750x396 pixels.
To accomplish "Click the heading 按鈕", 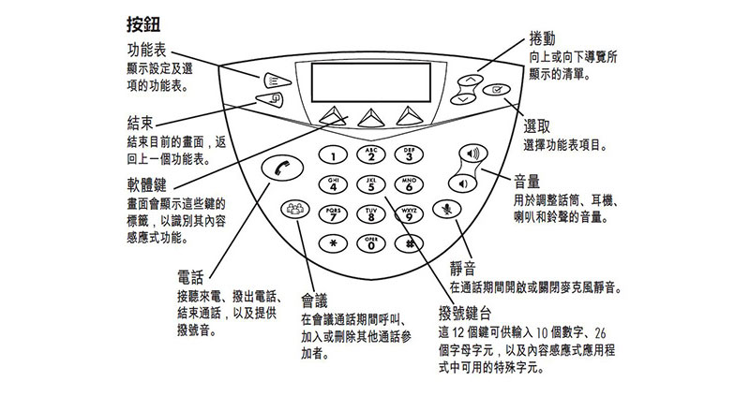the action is point(143,25).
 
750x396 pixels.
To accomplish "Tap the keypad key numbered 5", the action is point(371,184).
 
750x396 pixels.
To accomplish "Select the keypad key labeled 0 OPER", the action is point(371,243).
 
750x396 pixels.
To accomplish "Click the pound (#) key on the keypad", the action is point(409,243).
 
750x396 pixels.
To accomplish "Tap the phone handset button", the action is point(282,169).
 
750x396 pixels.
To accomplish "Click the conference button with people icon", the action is point(295,209).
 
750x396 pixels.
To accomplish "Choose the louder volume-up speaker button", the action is point(472,154).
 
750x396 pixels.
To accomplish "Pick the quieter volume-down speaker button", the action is point(462,183).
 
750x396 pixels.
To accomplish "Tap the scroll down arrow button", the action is point(462,99).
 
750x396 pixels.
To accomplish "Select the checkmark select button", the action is point(497,89).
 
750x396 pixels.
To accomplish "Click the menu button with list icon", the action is point(275,81).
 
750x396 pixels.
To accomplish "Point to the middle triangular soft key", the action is point(371,118).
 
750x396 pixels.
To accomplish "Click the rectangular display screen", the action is point(370,82).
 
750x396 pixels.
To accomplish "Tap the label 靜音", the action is point(462,269).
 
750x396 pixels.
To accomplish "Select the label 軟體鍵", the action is point(147,184).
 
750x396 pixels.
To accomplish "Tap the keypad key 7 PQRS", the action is point(334,214).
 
